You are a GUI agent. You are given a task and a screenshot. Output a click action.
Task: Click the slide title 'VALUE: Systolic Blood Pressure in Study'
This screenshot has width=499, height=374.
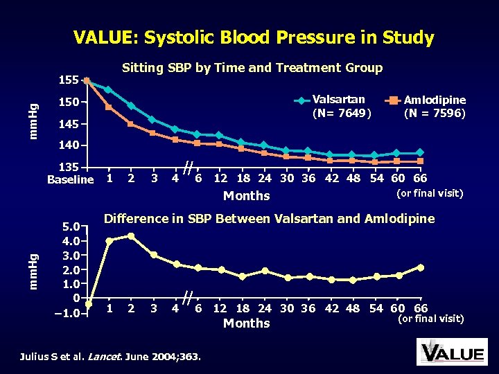point(254,37)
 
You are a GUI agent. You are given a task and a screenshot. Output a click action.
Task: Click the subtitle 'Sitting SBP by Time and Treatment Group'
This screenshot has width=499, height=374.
point(252,68)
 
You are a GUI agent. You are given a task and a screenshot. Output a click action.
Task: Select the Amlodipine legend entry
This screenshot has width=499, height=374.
point(432,105)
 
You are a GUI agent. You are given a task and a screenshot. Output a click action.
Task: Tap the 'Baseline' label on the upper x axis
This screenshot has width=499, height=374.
point(70,180)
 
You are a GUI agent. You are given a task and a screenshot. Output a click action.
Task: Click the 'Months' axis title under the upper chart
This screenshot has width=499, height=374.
point(247,196)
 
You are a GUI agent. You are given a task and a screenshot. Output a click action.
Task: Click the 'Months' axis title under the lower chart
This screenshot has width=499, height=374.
point(247,323)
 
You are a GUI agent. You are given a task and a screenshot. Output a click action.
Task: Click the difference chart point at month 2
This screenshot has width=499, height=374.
point(131,236)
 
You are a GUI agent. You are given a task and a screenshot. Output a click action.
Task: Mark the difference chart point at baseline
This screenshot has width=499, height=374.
point(88,303)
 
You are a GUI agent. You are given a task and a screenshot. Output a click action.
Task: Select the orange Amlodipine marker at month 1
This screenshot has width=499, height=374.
point(109,107)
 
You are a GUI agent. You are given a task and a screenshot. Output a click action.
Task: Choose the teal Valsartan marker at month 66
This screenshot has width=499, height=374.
point(420,152)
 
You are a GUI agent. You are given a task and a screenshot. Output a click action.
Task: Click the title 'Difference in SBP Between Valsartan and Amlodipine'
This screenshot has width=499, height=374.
point(269,220)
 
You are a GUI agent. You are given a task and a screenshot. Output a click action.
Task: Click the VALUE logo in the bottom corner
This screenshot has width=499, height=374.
point(451,352)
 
